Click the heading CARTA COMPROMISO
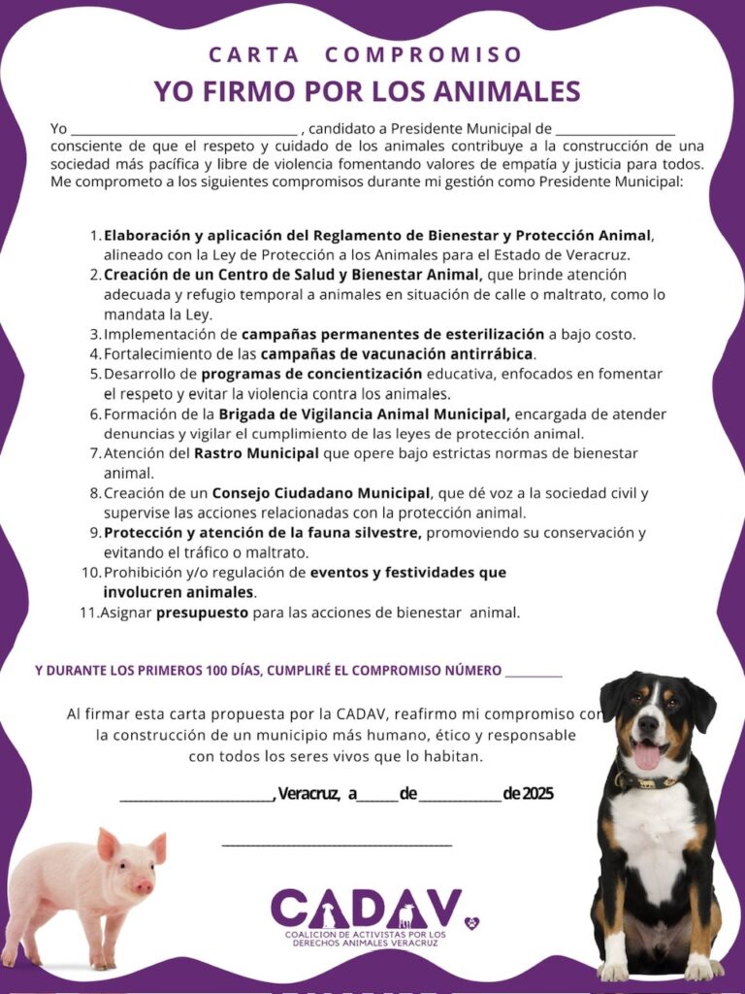point(366,55)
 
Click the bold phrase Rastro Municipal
point(256,453)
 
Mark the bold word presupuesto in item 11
point(202,613)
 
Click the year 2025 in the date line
point(537,794)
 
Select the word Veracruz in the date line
point(308,794)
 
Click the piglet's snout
point(144,886)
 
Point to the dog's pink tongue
point(646,756)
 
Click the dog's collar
point(652,780)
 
